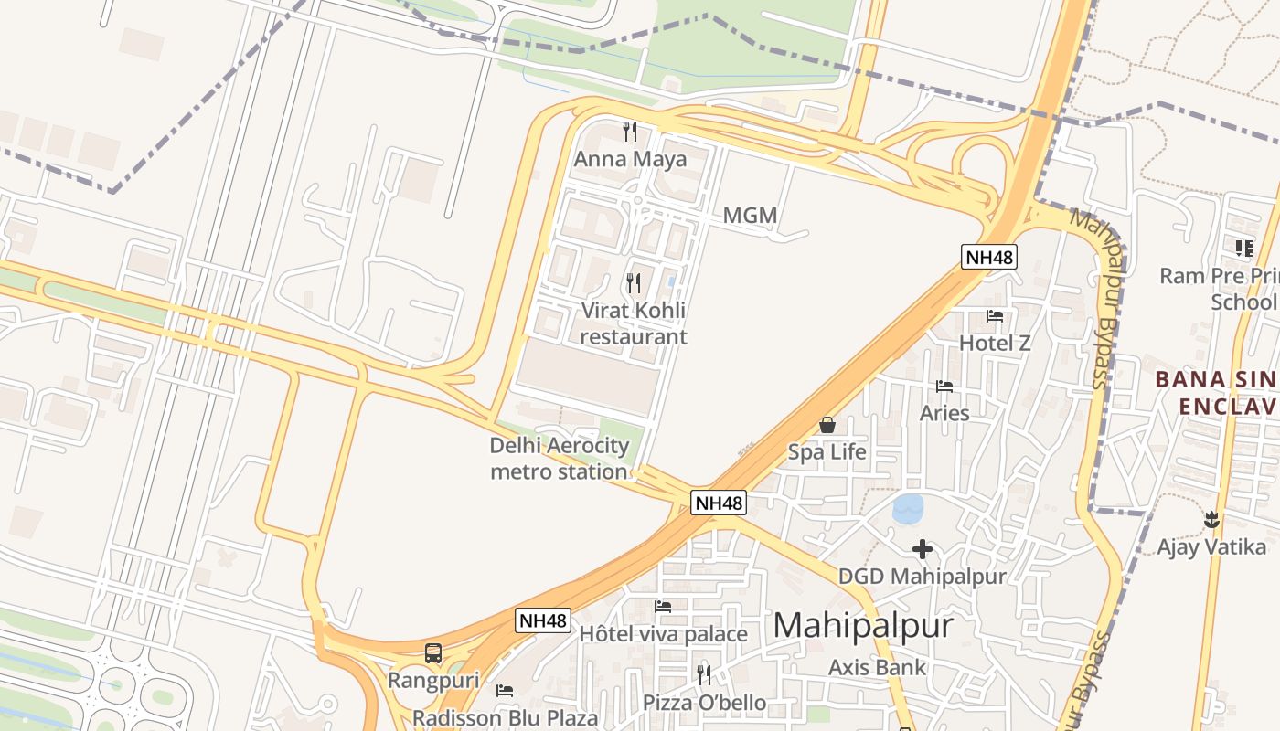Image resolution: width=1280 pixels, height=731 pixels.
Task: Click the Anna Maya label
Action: [630, 160]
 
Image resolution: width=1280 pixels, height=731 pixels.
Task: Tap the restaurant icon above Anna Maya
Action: [629, 132]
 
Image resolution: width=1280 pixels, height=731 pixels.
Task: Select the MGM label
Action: [750, 216]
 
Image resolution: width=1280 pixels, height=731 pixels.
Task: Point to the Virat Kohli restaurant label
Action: [634, 323]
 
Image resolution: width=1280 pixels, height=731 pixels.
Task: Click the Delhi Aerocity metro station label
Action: [560, 459]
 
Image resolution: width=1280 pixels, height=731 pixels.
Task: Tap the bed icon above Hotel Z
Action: [995, 316]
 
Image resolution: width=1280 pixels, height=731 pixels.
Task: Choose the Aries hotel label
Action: [944, 413]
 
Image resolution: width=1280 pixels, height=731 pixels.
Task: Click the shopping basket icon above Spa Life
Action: [827, 425]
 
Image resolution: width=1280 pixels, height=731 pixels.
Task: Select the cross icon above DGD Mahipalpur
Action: [923, 549]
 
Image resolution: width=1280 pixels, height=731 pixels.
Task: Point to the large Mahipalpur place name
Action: [863, 626]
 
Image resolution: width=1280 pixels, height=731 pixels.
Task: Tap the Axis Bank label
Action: [877, 667]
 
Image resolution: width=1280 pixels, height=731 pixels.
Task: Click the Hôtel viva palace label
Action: [663, 633]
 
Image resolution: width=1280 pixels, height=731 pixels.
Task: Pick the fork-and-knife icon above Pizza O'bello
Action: [703, 675]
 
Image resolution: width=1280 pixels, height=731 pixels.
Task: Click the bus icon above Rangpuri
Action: [433, 653]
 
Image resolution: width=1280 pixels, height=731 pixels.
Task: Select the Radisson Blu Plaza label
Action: [505, 717]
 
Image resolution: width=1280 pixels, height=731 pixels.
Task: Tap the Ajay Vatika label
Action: [1211, 547]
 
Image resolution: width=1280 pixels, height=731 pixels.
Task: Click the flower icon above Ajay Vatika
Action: [1212, 520]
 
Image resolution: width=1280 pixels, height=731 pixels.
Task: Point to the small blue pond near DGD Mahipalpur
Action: [908, 508]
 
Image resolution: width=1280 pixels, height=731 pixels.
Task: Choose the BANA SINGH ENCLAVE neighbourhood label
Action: [1215, 393]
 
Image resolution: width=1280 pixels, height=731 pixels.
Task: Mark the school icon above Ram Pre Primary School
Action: [1243, 248]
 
